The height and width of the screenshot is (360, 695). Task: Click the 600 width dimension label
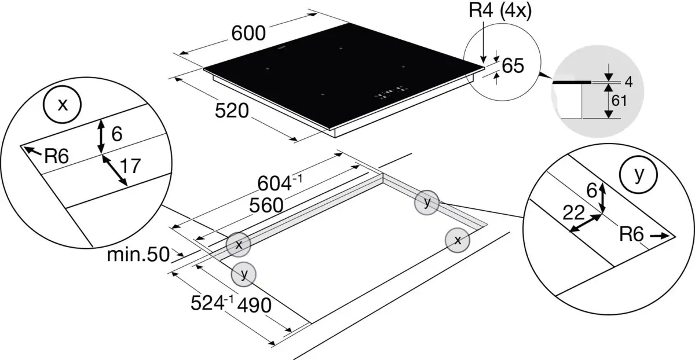[x=248, y=33]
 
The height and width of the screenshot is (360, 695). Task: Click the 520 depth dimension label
[x=232, y=111]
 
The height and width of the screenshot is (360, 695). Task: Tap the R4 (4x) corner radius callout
[x=500, y=10]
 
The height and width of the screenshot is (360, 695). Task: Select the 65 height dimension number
[x=513, y=66]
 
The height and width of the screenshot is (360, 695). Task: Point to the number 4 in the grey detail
[x=628, y=82]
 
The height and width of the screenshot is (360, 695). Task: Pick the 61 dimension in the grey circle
[x=619, y=101]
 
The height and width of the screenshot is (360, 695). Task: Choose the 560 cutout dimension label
[x=266, y=205]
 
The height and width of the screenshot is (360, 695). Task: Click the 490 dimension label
[x=254, y=306]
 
